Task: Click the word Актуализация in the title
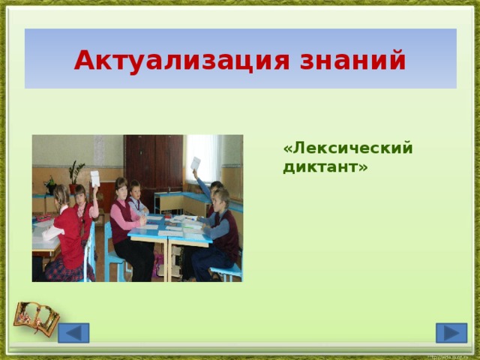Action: click(x=179, y=59)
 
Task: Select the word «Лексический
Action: click(x=347, y=148)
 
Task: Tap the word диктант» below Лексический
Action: click(x=325, y=166)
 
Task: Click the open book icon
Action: click(x=36, y=318)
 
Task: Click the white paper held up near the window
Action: click(x=195, y=164)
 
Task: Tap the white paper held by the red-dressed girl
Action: click(x=95, y=178)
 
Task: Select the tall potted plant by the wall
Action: click(x=75, y=175)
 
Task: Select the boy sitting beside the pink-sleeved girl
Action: click(x=137, y=198)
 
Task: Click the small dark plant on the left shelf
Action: click(x=50, y=184)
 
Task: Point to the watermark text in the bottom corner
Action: click(x=450, y=355)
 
